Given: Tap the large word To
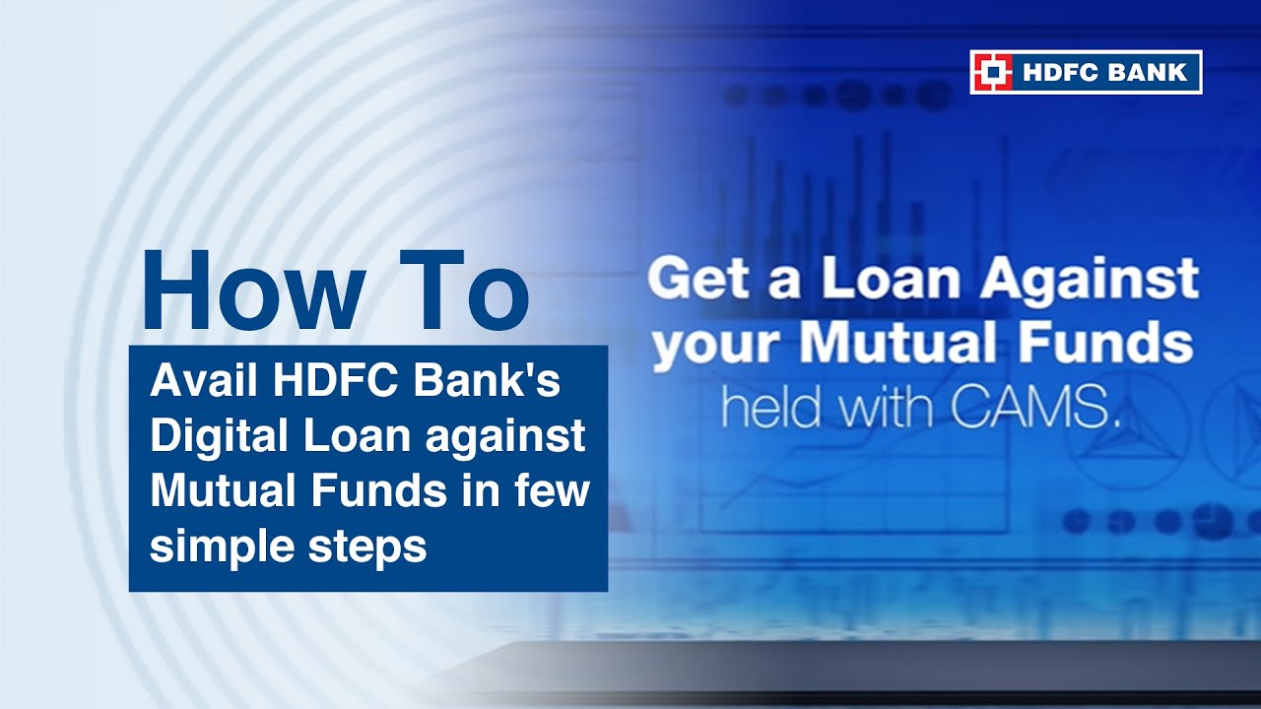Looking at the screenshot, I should (x=463, y=290).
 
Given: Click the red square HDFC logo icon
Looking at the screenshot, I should (x=993, y=72).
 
